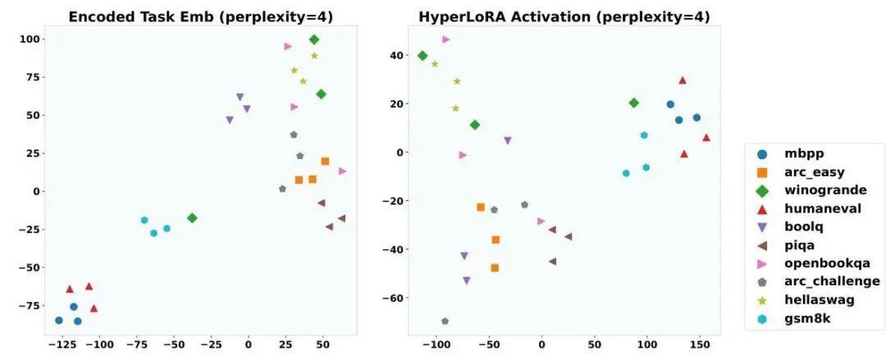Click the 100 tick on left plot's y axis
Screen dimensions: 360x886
(30, 39)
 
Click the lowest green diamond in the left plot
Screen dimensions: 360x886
(192, 218)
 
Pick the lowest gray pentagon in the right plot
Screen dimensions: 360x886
(445, 321)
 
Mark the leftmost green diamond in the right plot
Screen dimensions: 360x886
(422, 56)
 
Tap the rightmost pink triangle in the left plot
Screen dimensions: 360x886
(342, 171)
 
